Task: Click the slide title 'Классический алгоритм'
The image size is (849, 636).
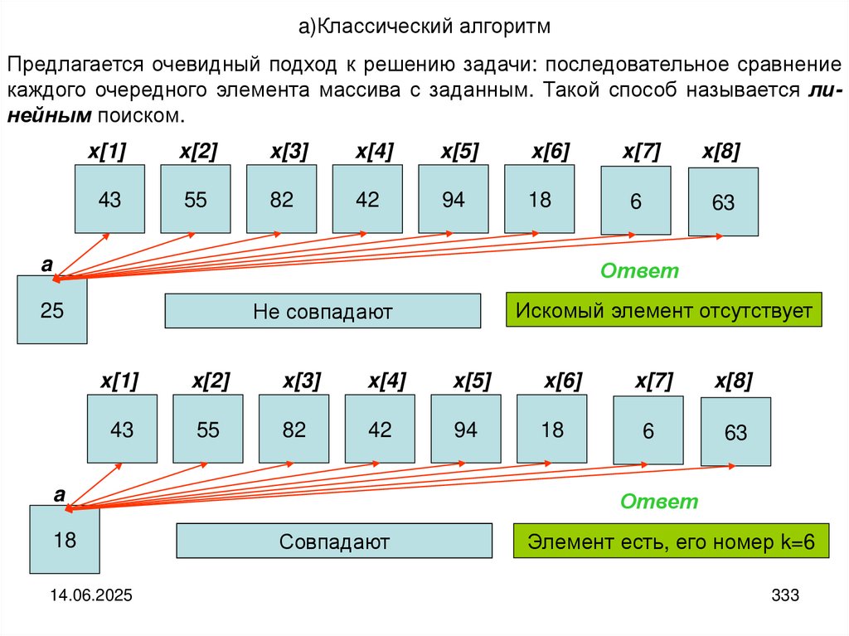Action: [x=424, y=27]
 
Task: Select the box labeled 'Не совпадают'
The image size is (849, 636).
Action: [x=323, y=311]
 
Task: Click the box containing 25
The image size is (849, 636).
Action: [x=51, y=310]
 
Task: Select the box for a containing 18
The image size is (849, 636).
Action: [x=65, y=540]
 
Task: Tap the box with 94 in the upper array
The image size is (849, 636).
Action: [x=453, y=199]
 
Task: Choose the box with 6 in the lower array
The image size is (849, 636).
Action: [x=648, y=430]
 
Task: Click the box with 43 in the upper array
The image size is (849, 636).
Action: [x=109, y=199]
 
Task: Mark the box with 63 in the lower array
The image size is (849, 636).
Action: [x=735, y=432]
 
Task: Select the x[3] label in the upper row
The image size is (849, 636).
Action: [x=289, y=152]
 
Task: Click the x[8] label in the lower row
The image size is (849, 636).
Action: [x=734, y=381]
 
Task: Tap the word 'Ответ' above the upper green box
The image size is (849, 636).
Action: [x=639, y=271]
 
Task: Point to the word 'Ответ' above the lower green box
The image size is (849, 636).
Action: [x=659, y=502]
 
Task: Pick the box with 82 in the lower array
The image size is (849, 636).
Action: [x=294, y=430]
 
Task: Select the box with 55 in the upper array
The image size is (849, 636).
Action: [x=195, y=199]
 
